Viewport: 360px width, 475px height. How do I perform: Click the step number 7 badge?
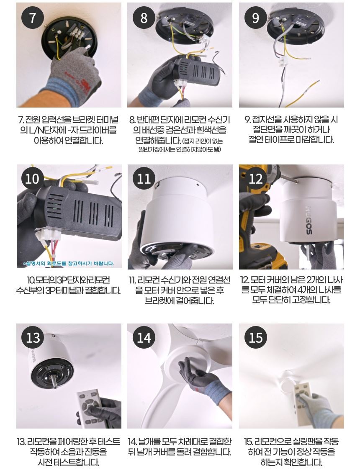32,18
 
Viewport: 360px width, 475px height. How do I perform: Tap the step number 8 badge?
144,18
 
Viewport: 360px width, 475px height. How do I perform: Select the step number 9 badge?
255,18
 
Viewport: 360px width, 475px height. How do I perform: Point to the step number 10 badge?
32,178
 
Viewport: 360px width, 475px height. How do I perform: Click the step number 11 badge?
144,178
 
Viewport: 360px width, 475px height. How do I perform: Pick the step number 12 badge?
255,178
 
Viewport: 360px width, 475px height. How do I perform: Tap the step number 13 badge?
32,337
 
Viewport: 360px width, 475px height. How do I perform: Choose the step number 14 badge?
144,337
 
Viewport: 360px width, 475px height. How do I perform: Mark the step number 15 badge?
255,337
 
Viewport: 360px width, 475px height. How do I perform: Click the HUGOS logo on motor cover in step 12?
308,220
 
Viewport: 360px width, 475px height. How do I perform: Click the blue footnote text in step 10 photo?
69,263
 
